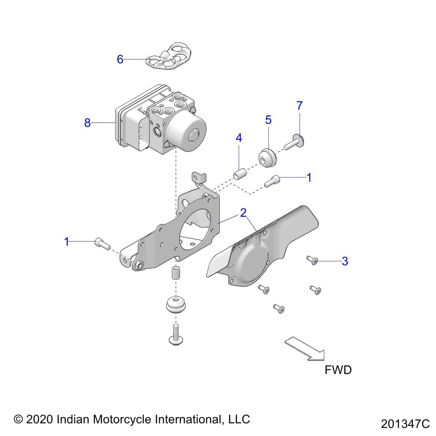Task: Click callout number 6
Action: coord(120,59)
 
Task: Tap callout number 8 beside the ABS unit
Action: coord(87,123)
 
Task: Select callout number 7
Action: coord(300,105)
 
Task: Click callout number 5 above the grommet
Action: coord(268,120)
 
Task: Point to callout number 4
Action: coord(239,138)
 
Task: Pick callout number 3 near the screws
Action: coord(345,261)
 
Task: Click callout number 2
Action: coord(243,213)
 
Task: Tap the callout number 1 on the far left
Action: coord(66,241)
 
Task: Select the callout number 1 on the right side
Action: coord(309,177)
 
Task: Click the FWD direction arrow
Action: coord(305,349)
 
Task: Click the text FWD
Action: coord(338,370)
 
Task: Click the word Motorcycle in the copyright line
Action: coord(123,419)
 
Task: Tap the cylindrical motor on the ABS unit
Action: coord(188,134)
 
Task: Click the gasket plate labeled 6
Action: coord(169,56)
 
